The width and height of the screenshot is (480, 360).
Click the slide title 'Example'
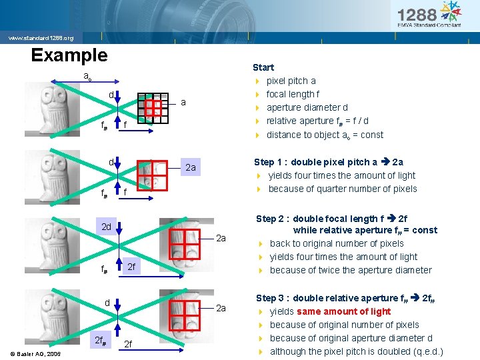click(69, 55)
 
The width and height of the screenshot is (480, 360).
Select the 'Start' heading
click(263, 67)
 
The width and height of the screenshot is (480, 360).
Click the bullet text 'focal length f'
click(293, 94)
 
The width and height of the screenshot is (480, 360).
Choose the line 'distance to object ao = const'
click(325, 135)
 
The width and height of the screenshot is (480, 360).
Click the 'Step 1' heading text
click(273, 162)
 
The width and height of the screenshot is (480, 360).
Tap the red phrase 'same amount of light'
click(344, 311)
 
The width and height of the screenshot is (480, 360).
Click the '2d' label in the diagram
click(106, 227)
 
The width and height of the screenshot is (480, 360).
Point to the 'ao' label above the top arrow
click(87, 76)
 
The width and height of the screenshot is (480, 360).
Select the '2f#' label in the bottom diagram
click(101, 341)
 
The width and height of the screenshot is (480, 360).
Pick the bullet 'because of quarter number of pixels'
click(343, 189)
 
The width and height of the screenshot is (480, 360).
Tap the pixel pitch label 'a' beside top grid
click(183, 103)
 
